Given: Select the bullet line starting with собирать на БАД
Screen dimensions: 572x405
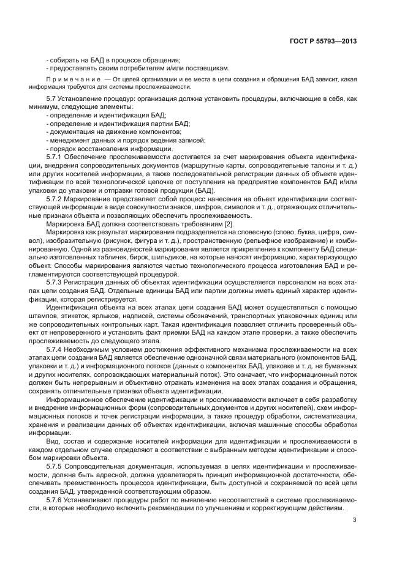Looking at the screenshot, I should [113, 59].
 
